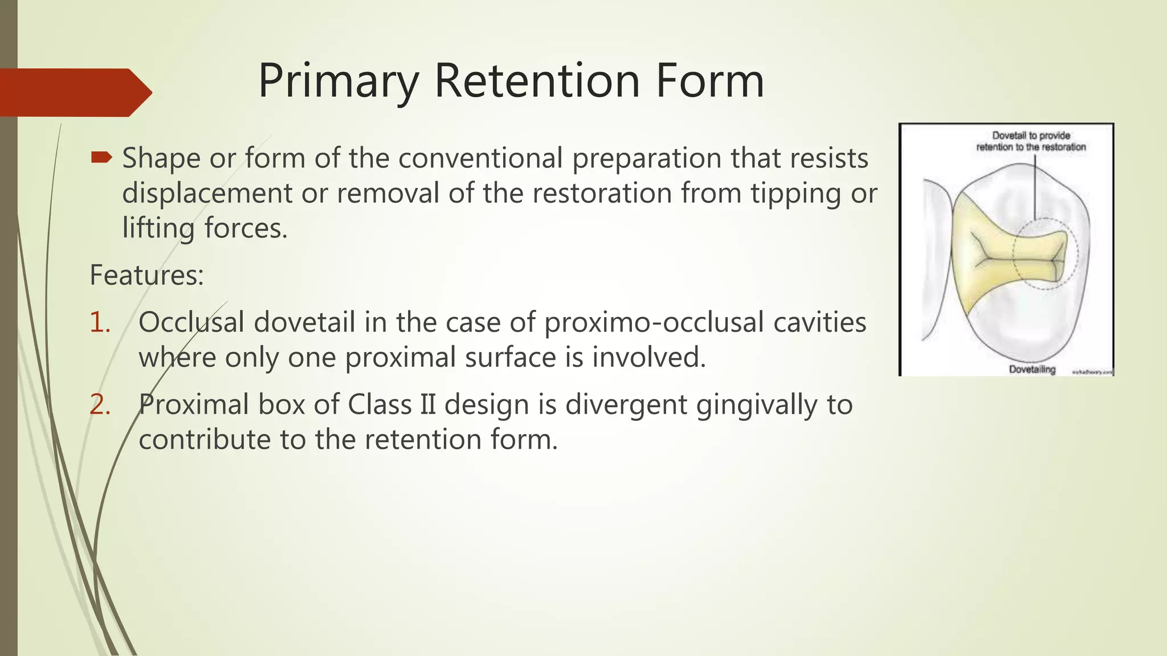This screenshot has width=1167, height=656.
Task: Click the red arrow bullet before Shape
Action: click(101, 157)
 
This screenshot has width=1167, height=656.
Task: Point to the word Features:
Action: click(146, 275)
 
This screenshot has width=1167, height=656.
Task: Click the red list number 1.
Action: click(100, 322)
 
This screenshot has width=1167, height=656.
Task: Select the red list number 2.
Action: click(100, 405)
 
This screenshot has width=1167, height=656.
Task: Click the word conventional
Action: click(480, 158)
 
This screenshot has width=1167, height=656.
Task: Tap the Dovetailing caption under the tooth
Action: click(1032, 369)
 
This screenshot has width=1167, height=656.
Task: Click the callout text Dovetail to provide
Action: click(1031, 136)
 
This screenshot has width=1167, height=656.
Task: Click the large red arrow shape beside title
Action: click(74, 92)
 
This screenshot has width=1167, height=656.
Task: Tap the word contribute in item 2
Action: click(205, 440)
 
